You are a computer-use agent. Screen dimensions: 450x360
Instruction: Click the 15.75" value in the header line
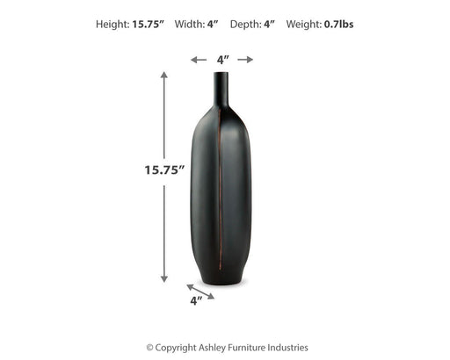pos(148,24)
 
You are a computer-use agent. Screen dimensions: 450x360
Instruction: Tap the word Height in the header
pos(112,25)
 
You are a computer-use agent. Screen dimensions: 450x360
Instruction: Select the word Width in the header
pos(190,24)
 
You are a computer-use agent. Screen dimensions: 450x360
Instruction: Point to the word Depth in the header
pos(245,25)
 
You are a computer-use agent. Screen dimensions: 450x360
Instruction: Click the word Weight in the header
pos(304,25)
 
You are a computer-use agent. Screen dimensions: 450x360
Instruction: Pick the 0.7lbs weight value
pos(338,24)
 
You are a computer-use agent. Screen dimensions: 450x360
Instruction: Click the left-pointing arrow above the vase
pos(199,60)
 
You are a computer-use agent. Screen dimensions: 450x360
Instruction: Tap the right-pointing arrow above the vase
pos(245,60)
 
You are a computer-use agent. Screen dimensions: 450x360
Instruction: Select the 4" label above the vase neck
pos(223,60)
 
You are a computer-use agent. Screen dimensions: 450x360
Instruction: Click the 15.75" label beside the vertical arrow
pos(164,169)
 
